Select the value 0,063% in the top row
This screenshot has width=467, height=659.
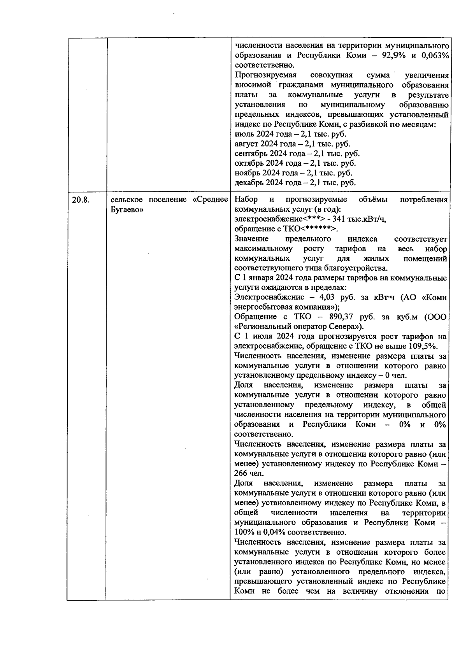[x=435, y=55]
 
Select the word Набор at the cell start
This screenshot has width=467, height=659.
[x=246, y=200]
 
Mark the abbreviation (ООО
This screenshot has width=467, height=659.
[x=435, y=317]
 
